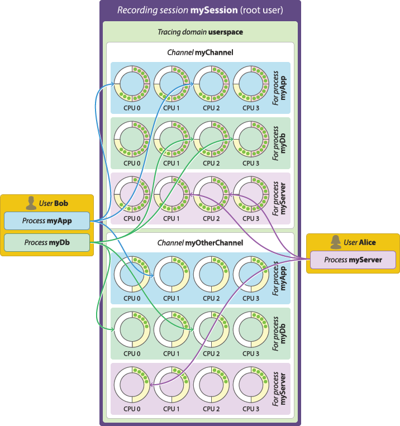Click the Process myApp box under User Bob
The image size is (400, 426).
coord(47,221)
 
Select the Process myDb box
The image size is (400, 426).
coord(47,243)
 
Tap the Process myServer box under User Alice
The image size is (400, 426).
coord(353,260)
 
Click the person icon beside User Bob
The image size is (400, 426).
coord(31,203)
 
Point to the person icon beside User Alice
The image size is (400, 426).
coord(336,242)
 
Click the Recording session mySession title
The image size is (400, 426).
coord(199,11)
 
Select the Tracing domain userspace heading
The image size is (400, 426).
coord(200,32)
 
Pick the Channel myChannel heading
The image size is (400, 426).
coord(200,52)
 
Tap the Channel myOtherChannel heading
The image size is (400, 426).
coord(200,243)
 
